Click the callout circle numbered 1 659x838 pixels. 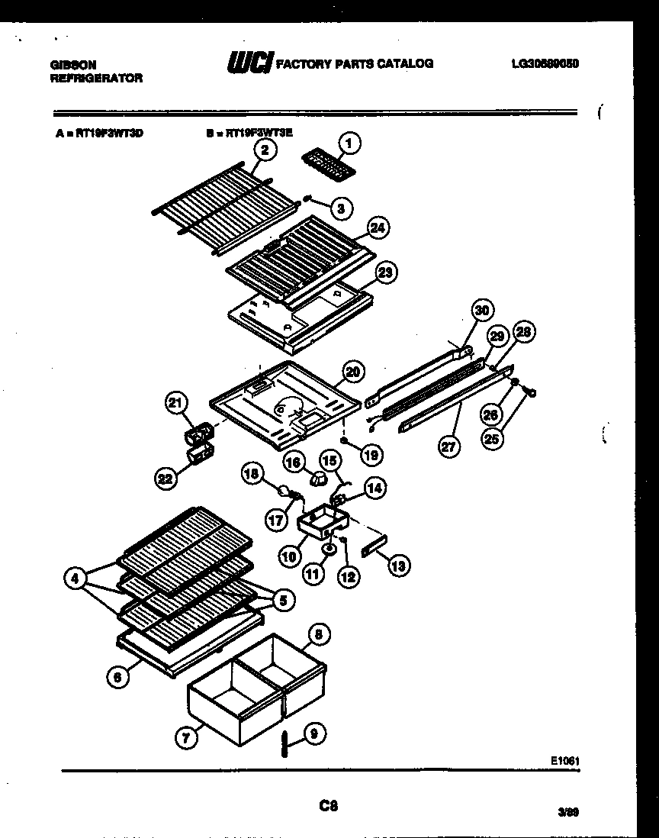click(x=350, y=142)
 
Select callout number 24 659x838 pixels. click(x=377, y=227)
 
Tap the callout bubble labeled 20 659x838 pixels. click(x=352, y=372)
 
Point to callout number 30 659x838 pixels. click(x=481, y=310)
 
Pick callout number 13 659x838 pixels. click(x=398, y=565)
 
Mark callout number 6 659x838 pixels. click(x=116, y=675)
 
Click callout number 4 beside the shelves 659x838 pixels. click(x=74, y=579)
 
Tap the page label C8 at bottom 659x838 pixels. click(x=329, y=804)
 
